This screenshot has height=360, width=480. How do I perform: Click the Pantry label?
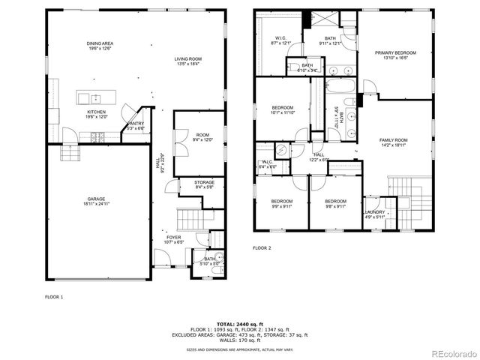click(136, 125)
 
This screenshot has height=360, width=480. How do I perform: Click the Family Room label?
click(393, 142)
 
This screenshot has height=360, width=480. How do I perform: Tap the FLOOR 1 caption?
click(53, 297)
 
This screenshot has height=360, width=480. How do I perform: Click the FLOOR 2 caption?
click(261, 247)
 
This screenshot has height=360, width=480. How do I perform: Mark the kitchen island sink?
click(95, 98)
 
